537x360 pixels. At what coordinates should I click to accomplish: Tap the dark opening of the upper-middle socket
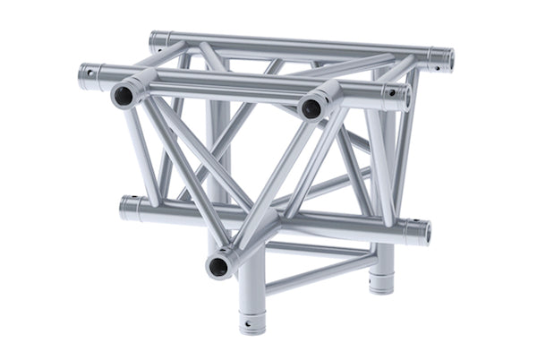311,108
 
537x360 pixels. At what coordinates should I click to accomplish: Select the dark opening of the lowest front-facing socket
217,264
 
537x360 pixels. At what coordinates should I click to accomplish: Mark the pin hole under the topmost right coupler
435,67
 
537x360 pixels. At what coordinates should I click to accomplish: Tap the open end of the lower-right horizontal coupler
425,232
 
